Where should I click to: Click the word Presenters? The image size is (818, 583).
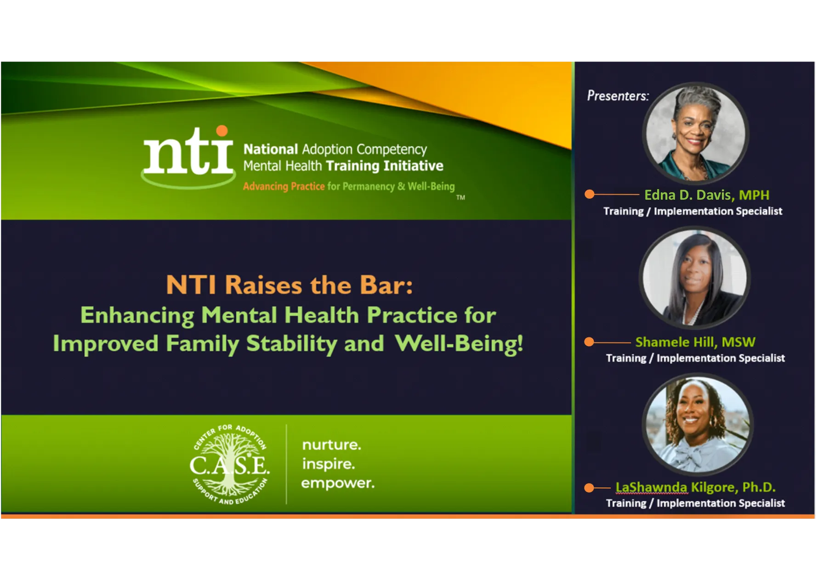pyautogui.click(x=618, y=96)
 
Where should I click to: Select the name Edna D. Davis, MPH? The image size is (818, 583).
pyautogui.click(x=706, y=195)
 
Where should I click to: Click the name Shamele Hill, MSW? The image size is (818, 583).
pyautogui.click(x=695, y=342)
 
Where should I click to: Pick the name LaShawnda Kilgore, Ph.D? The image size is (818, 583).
pyautogui.click(x=695, y=487)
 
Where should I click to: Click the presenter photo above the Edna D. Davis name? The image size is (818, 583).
pyautogui.click(x=695, y=134)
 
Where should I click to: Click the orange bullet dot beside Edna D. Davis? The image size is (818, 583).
pyautogui.click(x=590, y=195)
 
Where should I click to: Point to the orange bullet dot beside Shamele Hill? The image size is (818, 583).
pyautogui.click(x=589, y=342)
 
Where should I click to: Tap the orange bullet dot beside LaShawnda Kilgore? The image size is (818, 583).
pyautogui.click(x=589, y=488)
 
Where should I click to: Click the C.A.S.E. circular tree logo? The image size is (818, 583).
pyautogui.click(x=230, y=465)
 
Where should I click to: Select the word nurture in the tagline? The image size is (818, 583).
pyautogui.click(x=331, y=445)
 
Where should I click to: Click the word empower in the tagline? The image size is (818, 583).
pyautogui.click(x=338, y=483)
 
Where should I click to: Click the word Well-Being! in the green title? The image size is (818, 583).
pyautogui.click(x=459, y=343)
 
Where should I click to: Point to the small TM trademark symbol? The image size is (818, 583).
pyautogui.click(x=460, y=198)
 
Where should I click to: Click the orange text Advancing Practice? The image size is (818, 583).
pyautogui.click(x=284, y=186)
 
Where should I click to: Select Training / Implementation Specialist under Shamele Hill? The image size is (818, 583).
pyautogui.click(x=695, y=358)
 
